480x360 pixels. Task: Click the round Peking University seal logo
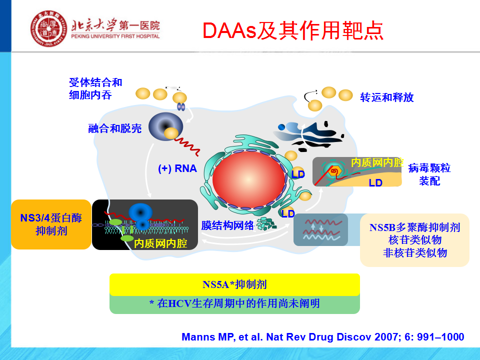click(x=48, y=28)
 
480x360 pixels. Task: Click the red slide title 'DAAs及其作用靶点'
click(x=293, y=30)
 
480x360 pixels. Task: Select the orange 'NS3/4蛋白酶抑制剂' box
click(x=51, y=224)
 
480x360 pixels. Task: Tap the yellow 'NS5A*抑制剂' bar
click(x=234, y=284)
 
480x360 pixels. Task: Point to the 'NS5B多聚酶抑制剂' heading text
click(x=415, y=227)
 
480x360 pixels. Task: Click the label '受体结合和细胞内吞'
click(x=95, y=88)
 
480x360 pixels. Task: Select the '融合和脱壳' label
click(x=115, y=128)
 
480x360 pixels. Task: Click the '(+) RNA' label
click(x=177, y=168)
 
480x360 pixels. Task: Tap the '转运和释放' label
click(x=387, y=97)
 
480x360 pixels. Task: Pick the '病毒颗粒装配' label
click(x=429, y=174)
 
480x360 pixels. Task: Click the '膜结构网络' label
click(x=228, y=225)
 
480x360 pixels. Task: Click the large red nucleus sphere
click(x=248, y=179)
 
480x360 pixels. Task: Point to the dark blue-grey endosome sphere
click(x=165, y=126)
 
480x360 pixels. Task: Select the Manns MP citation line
click(x=323, y=336)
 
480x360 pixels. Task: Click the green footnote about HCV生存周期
click(x=234, y=303)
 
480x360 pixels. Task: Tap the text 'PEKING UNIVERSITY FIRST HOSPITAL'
click(x=115, y=36)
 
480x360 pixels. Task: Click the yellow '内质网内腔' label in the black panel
click(x=160, y=243)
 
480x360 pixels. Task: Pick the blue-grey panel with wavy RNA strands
click(x=320, y=229)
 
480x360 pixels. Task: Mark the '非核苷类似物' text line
click(x=415, y=253)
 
